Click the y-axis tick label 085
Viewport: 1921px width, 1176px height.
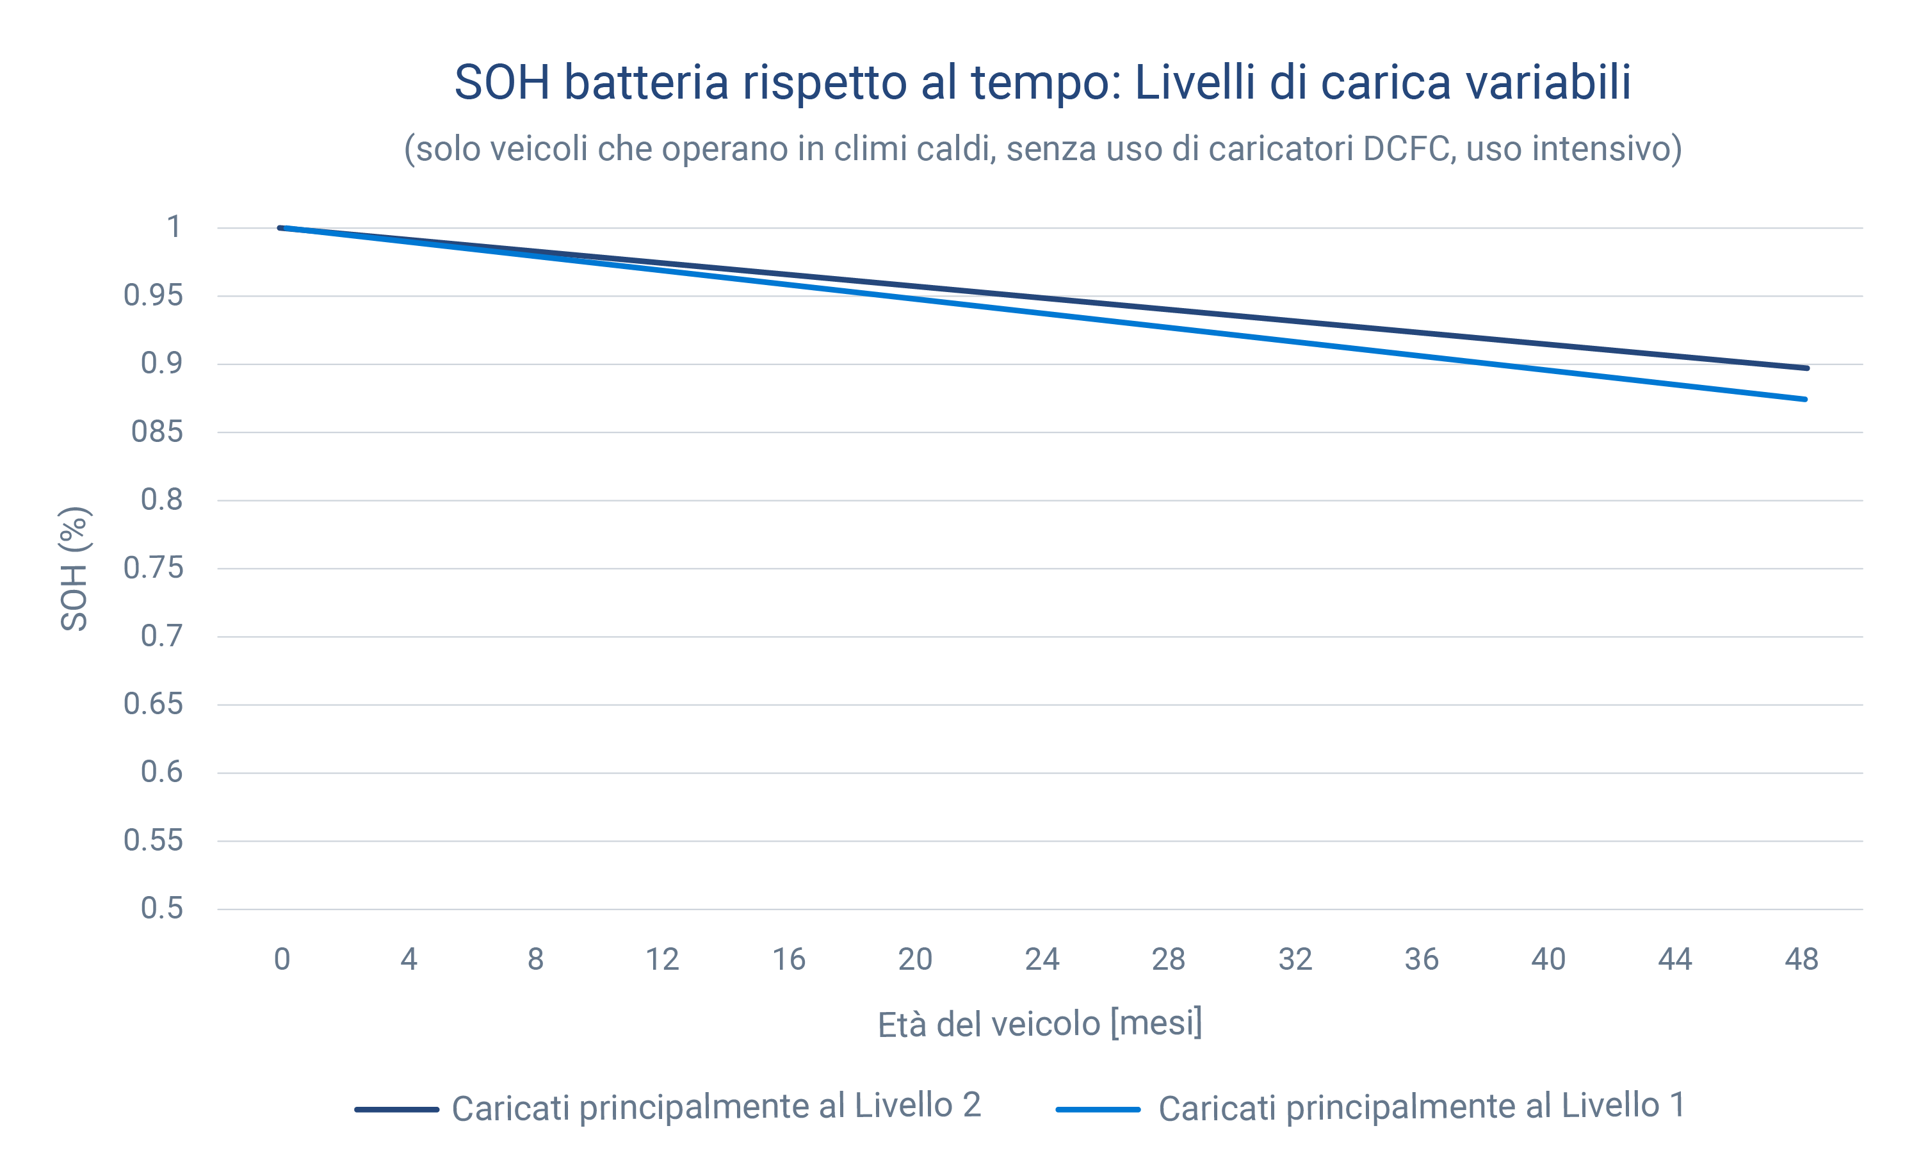click(157, 431)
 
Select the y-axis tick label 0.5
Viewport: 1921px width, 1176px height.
click(161, 908)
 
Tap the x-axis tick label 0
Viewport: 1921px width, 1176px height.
click(282, 960)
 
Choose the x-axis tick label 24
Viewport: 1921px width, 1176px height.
click(1042, 960)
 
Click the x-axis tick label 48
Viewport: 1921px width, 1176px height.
click(1801, 960)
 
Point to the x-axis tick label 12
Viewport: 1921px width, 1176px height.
click(662, 960)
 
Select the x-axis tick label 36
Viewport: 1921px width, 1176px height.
click(1422, 960)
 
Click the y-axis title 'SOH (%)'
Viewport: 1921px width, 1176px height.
click(75, 569)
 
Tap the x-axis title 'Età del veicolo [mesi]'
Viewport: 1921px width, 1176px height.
click(1040, 1024)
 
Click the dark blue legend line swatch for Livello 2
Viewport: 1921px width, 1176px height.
click(396, 1109)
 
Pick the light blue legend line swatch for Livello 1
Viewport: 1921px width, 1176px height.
click(1098, 1109)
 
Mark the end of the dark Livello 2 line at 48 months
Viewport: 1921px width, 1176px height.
click(1806, 368)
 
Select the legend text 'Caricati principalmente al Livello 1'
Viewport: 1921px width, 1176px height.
click(1422, 1107)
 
